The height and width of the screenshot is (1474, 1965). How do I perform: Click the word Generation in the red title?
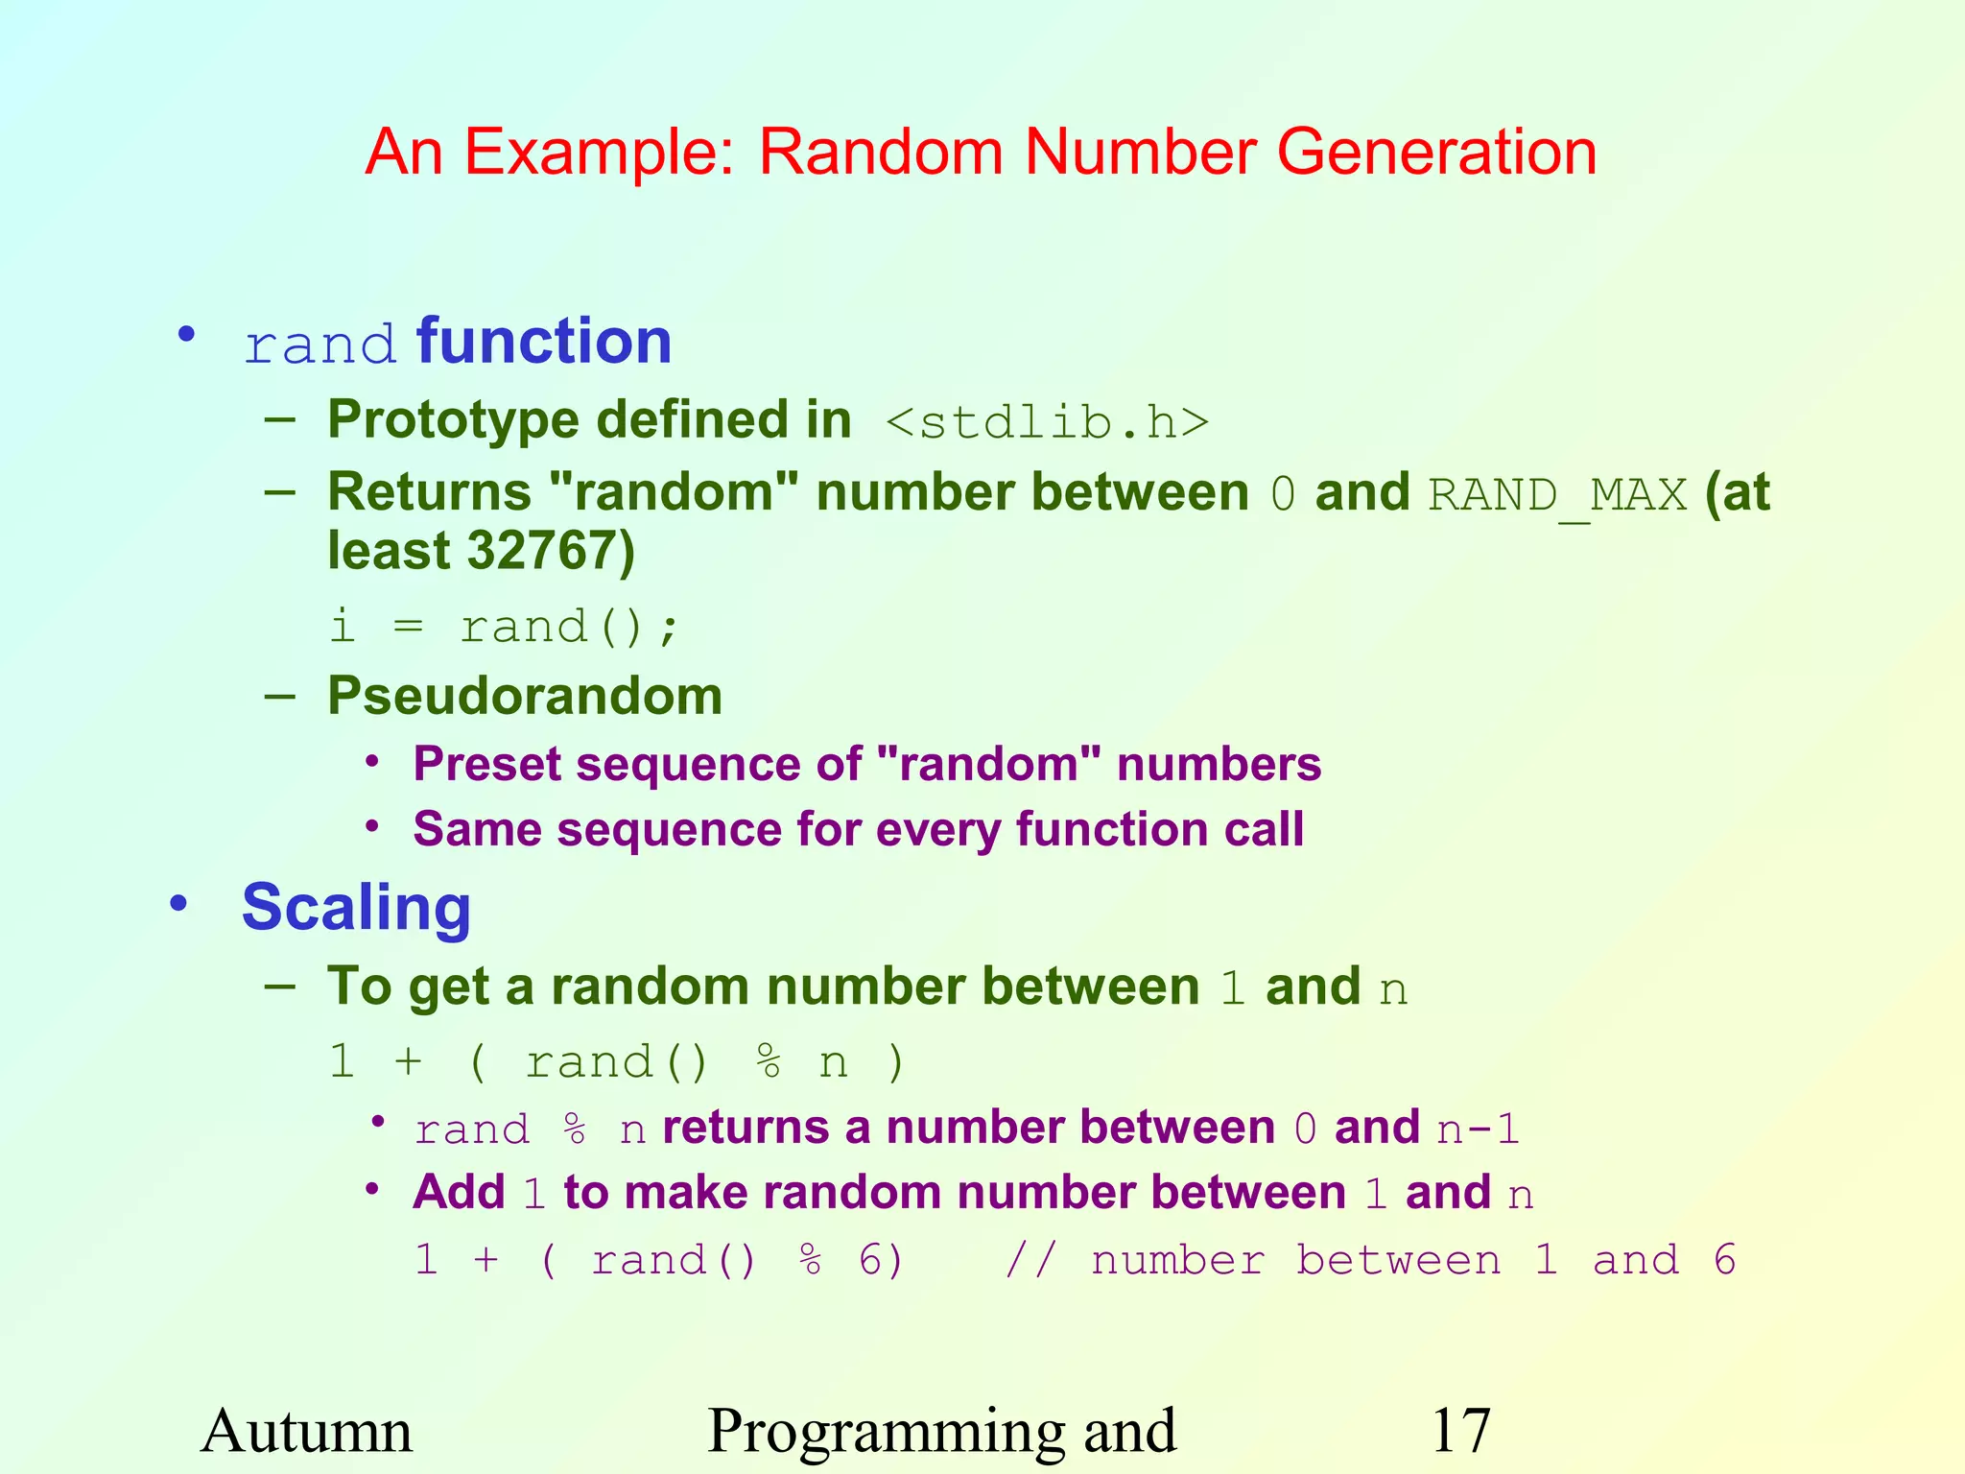[x=1436, y=152]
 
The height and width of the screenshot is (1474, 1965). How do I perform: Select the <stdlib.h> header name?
[x=1047, y=422]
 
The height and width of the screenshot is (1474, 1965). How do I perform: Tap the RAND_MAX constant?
[x=1557, y=495]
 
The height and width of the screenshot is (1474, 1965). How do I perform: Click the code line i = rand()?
[x=505, y=628]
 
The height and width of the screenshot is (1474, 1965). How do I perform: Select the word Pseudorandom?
[x=525, y=696]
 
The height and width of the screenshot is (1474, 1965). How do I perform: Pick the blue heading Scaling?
[x=356, y=908]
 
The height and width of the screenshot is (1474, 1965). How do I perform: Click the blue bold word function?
[x=544, y=341]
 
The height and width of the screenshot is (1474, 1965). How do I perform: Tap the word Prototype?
[x=453, y=420]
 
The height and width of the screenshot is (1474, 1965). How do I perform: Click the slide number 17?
[x=1460, y=1431]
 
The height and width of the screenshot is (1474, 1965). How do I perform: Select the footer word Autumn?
[x=306, y=1431]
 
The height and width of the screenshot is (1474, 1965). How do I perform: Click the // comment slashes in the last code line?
[x=1030, y=1260]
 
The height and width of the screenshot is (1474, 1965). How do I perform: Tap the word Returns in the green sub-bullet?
[x=429, y=492]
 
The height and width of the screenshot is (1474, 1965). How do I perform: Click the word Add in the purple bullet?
[x=459, y=1193]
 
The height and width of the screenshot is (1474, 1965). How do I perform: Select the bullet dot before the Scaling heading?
[x=178, y=903]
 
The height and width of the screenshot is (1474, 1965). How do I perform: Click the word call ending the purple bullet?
[x=1264, y=829]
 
